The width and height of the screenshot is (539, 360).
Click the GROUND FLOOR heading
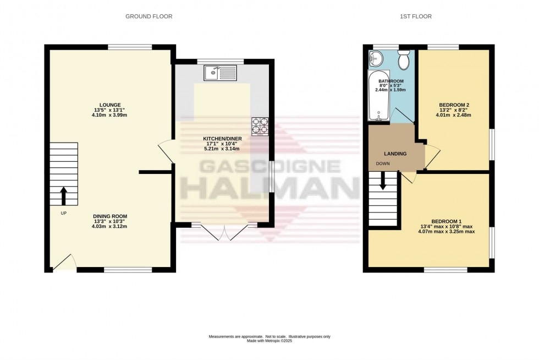(148, 17)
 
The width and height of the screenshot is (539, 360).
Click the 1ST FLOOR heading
(415, 17)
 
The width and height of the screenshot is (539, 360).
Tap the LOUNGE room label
(110, 104)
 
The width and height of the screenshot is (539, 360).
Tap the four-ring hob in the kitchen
(260, 126)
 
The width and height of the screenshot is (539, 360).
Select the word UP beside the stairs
(64, 213)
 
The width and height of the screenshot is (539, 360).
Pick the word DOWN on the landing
(383, 163)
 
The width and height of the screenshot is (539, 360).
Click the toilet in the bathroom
(404, 61)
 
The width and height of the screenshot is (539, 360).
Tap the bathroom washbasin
(376, 57)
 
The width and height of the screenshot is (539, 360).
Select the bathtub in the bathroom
(379, 96)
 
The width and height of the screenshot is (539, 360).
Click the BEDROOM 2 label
(454, 104)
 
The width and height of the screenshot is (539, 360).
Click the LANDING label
(395, 154)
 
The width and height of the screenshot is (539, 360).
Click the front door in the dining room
(65, 263)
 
